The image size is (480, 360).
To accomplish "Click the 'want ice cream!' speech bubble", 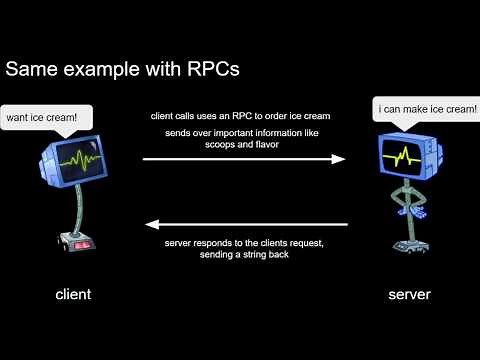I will tap(41, 119).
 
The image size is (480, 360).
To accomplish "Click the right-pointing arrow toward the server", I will tap(244, 158).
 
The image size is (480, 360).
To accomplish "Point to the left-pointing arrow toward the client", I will tap(244, 226).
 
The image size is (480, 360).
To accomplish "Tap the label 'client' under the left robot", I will tap(72, 295).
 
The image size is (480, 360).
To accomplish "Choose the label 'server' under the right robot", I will tap(409, 295).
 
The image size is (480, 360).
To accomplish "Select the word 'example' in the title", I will tap(107, 71).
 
